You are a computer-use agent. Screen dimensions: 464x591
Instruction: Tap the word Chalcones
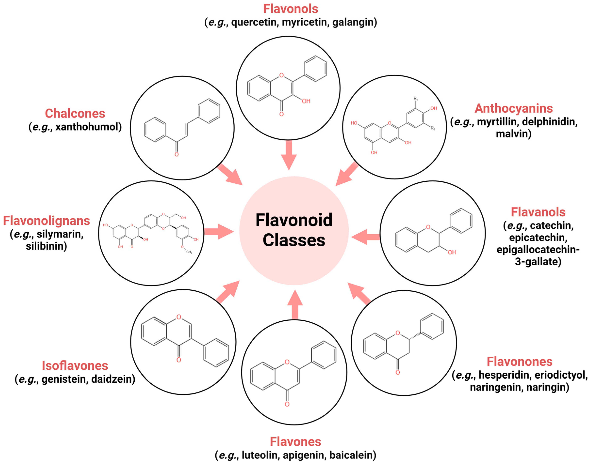(x=75, y=114)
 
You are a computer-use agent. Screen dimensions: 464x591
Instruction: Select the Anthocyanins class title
(x=514, y=108)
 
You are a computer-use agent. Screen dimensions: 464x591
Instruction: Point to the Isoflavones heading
(x=75, y=366)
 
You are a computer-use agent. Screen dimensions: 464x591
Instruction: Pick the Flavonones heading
(x=519, y=362)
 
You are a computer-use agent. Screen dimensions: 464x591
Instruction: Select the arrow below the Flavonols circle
(x=289, y=155)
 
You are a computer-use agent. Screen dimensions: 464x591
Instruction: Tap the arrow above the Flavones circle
(x=295, y=305)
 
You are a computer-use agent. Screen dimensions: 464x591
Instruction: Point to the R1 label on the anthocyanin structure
(x=416, y=99)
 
